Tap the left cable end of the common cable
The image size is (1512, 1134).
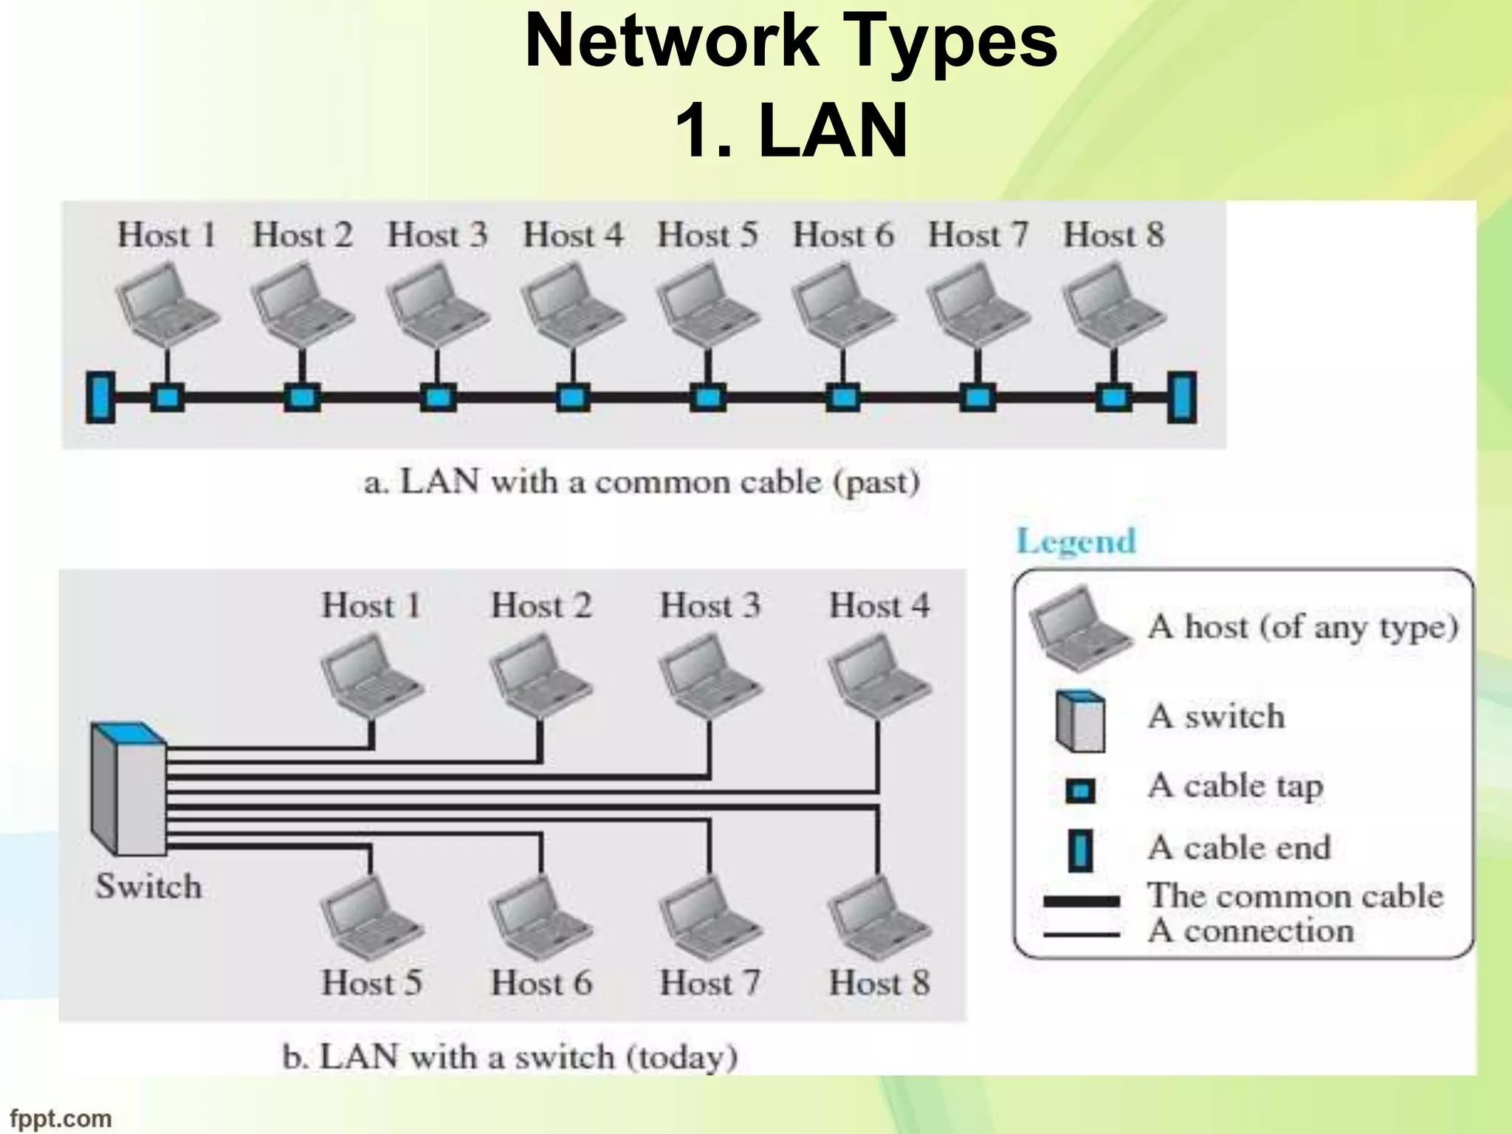(100, 397)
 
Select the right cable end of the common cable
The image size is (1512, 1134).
(1181, 397)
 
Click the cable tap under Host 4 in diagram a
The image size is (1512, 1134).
(573, 398)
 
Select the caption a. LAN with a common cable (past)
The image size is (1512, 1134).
(642, 483)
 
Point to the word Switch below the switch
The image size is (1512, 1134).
(148, 887)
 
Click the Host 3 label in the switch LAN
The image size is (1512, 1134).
(709, 606)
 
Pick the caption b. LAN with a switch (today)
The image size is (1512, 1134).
(510, 1057)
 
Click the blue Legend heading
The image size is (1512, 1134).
(1076, 541)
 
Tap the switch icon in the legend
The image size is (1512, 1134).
(1080, 721)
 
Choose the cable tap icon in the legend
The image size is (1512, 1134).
(1080, 791)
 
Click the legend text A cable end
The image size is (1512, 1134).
(1239, 848)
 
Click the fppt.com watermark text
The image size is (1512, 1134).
(61, 1118)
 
